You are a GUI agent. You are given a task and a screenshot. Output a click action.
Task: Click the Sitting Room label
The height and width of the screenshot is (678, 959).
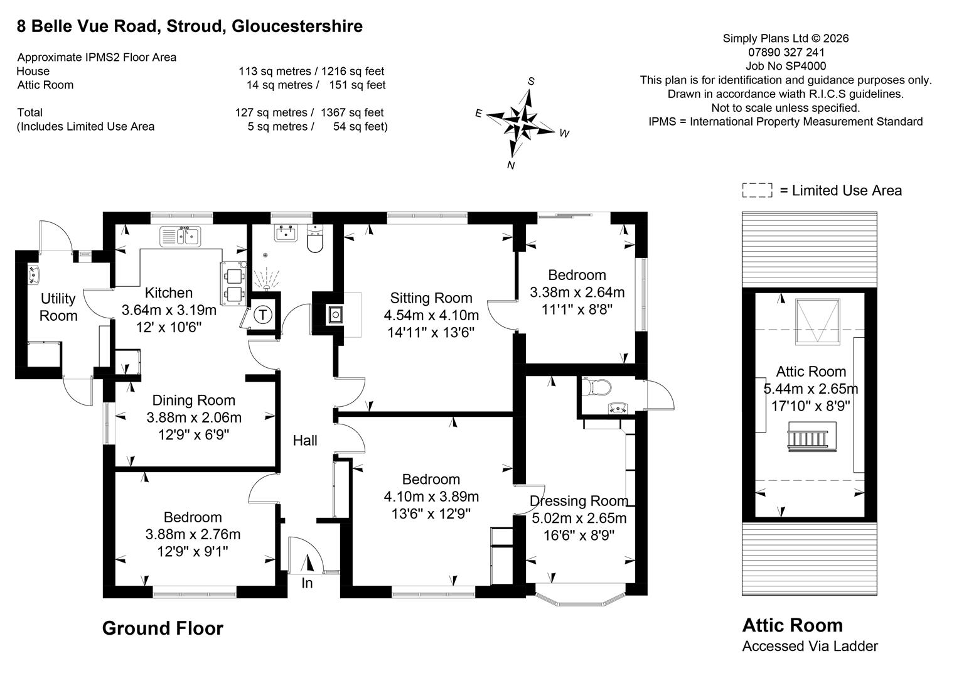coord(431,298)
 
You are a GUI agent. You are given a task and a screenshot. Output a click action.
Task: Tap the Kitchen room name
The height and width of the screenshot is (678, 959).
coord(169,293)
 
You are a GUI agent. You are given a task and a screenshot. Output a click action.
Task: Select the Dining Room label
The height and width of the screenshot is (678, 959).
coord(193,401)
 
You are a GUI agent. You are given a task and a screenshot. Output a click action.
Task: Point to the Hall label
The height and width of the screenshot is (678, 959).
coord(305,440)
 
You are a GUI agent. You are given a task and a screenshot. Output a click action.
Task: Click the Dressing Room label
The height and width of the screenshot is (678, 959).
coord(579,501)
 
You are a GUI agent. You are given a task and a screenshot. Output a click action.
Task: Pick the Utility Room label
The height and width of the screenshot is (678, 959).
coord(58,307)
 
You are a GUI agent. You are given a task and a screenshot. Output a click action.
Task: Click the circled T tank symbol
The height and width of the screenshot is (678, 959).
coord(262,315)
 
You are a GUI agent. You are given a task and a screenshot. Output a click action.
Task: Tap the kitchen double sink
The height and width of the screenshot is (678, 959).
coord(180,237)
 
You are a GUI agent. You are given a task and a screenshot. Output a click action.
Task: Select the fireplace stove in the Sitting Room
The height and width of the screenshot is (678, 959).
coord(336,315)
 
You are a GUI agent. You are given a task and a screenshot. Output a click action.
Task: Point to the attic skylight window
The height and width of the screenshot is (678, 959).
coord(817,321)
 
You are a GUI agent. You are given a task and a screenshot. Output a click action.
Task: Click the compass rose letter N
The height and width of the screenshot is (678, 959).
coord(511,165)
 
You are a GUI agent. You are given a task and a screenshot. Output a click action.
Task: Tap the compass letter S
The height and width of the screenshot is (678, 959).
coord(531,82)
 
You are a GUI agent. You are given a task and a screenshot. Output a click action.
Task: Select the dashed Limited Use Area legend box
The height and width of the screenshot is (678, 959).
coord(757,190)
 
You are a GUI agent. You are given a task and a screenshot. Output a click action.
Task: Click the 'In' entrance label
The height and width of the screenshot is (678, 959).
coord(307,583)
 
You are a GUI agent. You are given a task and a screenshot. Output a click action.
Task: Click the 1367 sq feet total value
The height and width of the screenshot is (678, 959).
coord(352,112)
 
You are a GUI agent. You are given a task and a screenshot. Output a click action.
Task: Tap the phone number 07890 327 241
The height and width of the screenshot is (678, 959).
coord(786,52)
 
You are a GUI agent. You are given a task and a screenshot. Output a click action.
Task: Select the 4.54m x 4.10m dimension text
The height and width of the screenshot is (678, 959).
coord(431,315)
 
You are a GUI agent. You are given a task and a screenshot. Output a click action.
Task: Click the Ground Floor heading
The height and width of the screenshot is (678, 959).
coord(163,628)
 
